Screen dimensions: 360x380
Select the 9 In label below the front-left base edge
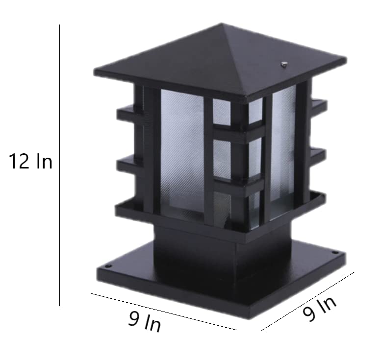144,322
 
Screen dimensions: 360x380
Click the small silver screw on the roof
283,63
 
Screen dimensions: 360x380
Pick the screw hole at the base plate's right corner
335,253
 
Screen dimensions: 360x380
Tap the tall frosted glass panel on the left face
182,152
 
